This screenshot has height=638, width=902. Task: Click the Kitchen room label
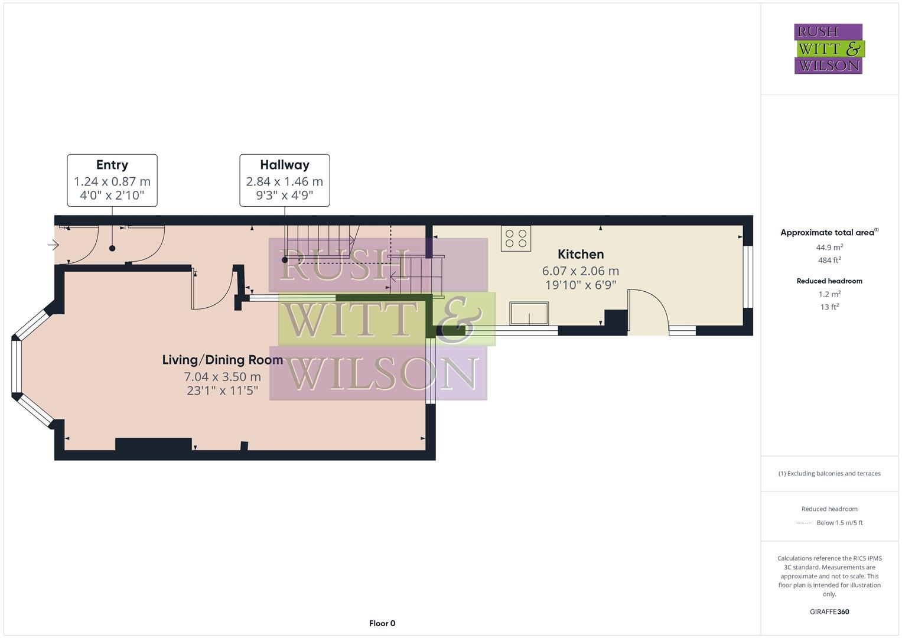[x=581, y=254]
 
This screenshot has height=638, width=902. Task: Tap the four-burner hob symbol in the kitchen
[x=516, y=238]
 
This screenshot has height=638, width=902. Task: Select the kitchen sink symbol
[x=529, y=313]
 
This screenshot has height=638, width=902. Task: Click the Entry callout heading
[x=112, y=165]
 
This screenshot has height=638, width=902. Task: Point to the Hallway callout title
[x=285, y=165]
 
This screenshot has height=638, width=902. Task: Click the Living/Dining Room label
[x=222, y=360]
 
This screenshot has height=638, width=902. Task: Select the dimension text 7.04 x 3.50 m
[x=222, y=376]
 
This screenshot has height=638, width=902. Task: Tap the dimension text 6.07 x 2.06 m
[x=581, y=271]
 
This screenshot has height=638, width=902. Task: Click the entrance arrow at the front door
[x=53, y=245]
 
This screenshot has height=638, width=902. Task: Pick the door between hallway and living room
[x=213, y=289]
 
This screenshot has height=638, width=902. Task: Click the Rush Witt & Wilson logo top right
[x=829, y=48]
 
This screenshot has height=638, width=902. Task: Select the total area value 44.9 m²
[x=829, y=248]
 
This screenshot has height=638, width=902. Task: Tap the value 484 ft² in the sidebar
[x=829, y=260]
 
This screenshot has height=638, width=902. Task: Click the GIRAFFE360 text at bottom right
[x=829, y=611]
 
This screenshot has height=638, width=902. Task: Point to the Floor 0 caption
[x=382, y=623]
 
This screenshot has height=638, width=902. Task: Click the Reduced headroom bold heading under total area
[x=829, y=281]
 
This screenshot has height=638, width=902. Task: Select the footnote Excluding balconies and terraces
[x=829, y=473]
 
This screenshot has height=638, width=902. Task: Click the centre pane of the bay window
[x=17, y=366]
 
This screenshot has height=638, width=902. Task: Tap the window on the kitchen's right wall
[x=748, y=276]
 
